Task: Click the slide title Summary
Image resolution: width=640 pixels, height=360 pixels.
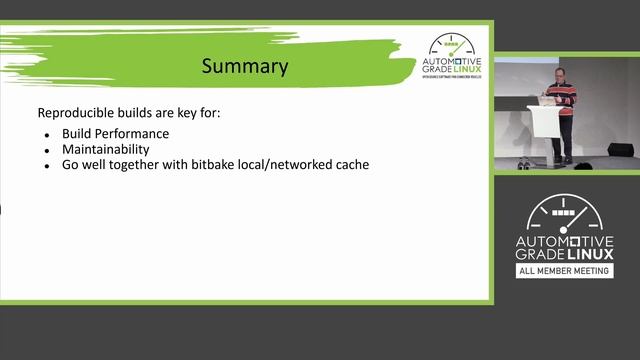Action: pos(245,67)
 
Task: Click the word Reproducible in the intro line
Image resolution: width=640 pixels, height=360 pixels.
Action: pos(76,113)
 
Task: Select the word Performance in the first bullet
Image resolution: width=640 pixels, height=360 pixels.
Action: pos(133,133)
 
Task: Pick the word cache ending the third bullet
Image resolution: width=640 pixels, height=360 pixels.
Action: pos(353,164)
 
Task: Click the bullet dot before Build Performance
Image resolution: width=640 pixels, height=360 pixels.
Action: pos(47,134)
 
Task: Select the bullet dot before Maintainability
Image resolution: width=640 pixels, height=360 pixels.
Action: pos(47,149)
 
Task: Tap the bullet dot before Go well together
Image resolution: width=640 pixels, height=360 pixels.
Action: pos(47,165)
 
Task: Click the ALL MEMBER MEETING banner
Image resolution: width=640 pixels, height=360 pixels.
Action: pos(565,271)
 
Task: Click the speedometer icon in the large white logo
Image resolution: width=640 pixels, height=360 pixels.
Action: pos(565,213)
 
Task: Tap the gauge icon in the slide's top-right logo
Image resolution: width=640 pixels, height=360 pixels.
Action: pos(454,44)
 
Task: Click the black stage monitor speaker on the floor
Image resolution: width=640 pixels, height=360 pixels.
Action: pos(620,150)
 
